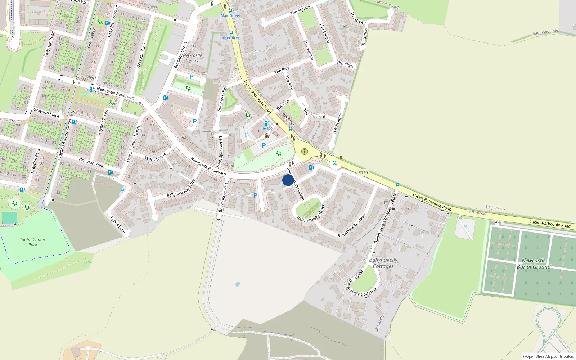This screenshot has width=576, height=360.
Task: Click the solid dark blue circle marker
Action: (288, 180)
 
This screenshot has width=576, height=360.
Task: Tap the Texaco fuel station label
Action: (267, 128)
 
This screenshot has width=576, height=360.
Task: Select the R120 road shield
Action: (363, 172)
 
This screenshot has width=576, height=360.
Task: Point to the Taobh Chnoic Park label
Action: (33, 242)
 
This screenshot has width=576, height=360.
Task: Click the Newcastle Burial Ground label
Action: (534, 264)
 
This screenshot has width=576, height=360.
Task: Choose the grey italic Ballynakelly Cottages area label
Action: (383, 263)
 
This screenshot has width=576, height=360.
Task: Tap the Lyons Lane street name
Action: (118, 225)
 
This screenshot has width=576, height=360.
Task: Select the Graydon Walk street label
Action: (91, 163)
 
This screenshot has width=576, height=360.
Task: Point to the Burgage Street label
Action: (180, 55)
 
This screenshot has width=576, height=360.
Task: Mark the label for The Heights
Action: (337, 123)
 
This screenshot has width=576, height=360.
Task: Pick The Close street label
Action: (345, 64)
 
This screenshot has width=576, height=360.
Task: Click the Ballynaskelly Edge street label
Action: (181, 189)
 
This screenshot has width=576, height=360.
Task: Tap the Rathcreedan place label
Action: (477, 212)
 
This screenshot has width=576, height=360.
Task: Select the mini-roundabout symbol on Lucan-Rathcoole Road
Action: (305, 151)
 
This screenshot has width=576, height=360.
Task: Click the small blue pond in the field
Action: (238, 284)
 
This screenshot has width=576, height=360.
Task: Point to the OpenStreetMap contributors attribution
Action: (548, 356)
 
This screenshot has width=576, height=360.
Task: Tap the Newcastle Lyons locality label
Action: (193, 58)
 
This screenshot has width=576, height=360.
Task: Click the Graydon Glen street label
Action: (141, 55)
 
